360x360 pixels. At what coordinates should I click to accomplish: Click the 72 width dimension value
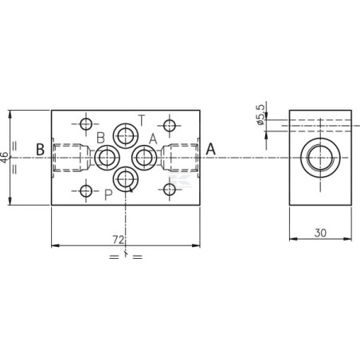pos(119,240)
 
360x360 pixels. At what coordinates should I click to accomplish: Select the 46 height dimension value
pos(5,158)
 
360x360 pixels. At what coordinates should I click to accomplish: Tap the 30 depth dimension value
pos(320,233)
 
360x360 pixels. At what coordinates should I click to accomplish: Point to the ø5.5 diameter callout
pos(260,114)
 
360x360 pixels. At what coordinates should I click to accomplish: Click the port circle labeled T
pos(126,136)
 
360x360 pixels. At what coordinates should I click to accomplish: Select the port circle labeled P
pos(126,179)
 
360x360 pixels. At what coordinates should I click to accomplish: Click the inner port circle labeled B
pos(108,158)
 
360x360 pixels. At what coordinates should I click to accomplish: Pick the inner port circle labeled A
pos(144,158)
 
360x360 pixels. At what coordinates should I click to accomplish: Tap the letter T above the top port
pos(142,120)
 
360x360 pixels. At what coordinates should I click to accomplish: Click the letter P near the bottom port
pos(108,195)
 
